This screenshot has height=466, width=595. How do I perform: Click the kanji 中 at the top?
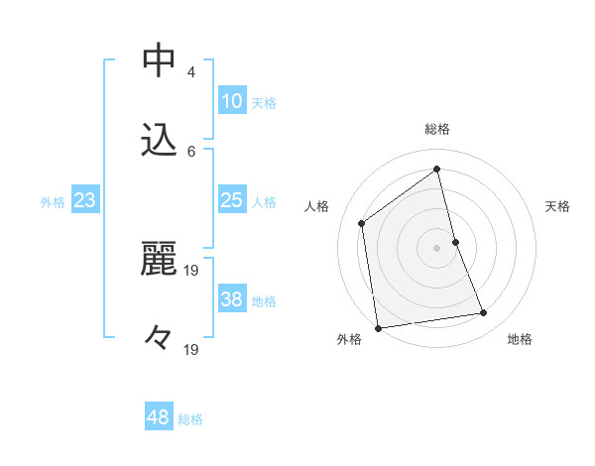[159, 61]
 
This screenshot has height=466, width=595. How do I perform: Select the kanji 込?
[159, 140]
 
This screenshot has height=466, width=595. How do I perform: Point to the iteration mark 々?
[159, 337]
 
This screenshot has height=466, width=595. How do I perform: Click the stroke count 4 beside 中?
[191, 72]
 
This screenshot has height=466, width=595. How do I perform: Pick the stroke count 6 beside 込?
[191, 151]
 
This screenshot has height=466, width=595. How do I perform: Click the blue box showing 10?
[232, 101]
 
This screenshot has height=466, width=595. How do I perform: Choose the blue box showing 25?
[232, 200]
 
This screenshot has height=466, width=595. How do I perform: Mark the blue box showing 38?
[232, 299]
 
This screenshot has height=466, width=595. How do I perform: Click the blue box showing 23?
[85, 200]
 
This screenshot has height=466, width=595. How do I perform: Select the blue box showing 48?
[159, 417]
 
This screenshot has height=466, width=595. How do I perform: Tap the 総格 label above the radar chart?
[437, 129]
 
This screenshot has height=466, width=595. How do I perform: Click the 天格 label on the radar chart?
[557, 206]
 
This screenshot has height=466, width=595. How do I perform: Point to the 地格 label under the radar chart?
[520, 340]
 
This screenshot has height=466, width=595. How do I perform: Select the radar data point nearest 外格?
[378, 327]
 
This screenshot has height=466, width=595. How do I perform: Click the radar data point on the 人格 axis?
[362, 223]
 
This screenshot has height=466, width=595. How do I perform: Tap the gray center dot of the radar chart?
[437, 247]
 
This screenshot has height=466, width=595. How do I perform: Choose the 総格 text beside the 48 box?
[190, 419]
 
